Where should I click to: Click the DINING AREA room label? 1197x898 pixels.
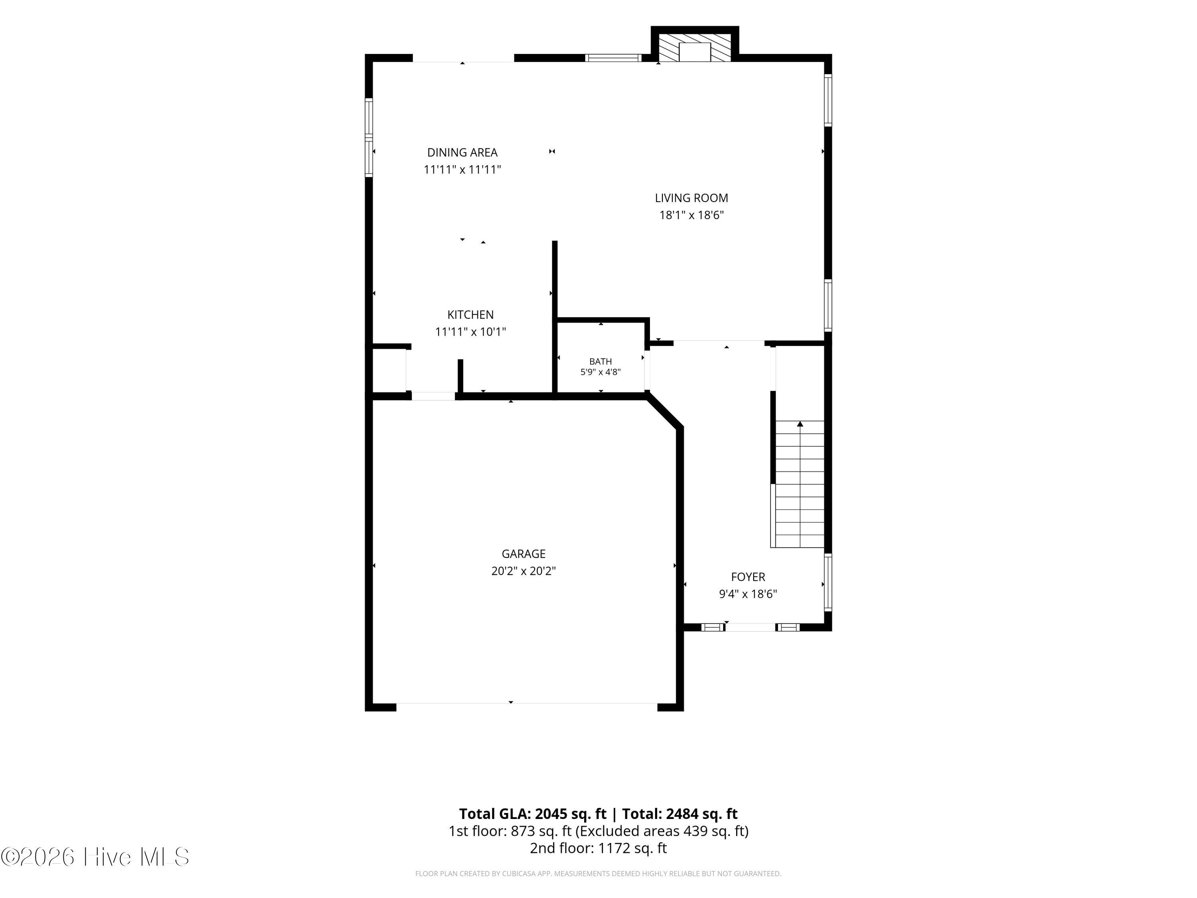(x=462, y=152)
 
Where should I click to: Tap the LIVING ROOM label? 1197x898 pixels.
(x=691, y=198)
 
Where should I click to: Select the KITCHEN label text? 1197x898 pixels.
(x=470, y=314)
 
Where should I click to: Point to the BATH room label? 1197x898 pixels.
(x=600, y=362)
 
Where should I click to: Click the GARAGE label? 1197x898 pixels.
(x=523, y=554)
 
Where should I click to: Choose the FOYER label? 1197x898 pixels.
(x=748, y=577)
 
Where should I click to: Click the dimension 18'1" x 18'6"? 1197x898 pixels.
(x=691, y=215)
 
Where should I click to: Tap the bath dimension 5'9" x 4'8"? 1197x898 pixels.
(x=600, y=372)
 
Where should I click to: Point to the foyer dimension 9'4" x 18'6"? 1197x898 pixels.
(x=748, y=594)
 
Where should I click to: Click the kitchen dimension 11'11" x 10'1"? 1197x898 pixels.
(x=470, y=332)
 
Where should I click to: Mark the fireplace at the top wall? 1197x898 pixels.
(x=694, y=47)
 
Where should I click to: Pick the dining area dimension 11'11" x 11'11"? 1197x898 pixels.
(x=462, y=170)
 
